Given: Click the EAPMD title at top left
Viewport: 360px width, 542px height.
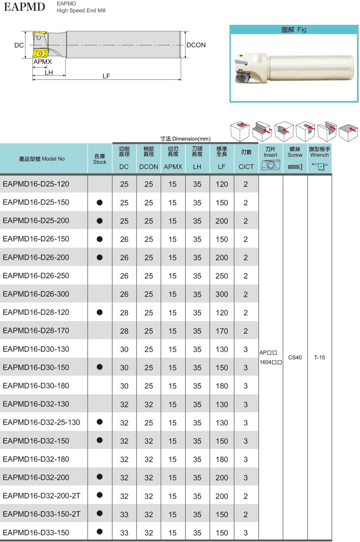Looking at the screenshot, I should pos(24,7).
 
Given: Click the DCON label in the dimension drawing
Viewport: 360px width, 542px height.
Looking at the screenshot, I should pos(196,45).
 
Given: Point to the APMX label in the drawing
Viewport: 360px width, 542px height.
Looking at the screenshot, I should pos(43,62).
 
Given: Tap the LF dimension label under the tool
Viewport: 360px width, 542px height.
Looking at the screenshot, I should pos(106,76).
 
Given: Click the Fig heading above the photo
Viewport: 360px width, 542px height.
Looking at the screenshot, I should pos(294,30).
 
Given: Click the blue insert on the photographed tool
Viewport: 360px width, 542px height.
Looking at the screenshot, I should pos(243,78).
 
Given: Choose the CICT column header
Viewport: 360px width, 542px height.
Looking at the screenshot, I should pos(246,167).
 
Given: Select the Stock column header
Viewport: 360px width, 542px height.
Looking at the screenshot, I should pos(100,159).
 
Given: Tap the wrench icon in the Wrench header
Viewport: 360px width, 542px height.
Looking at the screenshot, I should pos(320,167).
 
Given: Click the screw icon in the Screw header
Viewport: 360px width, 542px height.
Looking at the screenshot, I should pos(295,167).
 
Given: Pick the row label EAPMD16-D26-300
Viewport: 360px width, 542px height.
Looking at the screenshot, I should pos(36,294).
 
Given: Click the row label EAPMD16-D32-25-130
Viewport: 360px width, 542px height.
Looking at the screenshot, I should pos(41,422).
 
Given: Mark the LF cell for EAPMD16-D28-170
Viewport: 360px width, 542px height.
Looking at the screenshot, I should pos(221,331).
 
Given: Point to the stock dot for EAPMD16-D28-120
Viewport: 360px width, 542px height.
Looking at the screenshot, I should pos(100,312).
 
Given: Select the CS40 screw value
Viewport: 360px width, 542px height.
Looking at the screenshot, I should pos(295,357).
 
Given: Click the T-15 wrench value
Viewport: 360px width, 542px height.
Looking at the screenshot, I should pos(320,357).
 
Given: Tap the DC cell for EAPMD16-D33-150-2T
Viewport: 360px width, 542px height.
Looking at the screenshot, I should pos(124,514).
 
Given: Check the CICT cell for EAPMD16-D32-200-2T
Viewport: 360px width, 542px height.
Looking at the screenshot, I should pos(246,496).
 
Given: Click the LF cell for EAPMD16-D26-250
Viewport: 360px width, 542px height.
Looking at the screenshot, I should pos(221,276).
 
